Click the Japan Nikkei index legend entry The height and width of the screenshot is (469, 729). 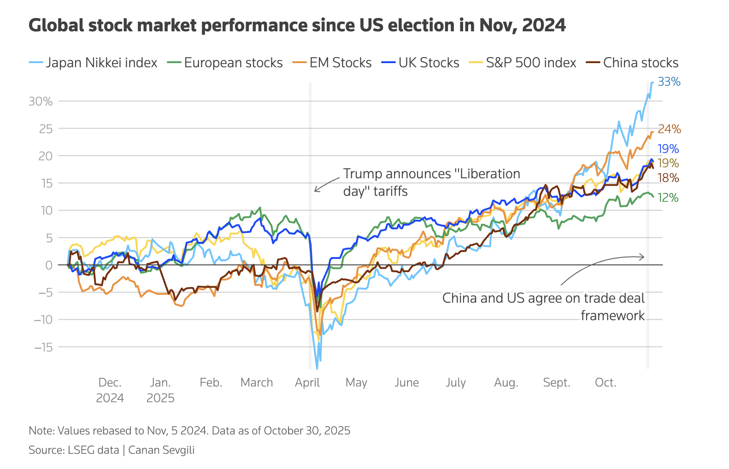[93, 63]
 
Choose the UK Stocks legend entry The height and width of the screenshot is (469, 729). [421, 63]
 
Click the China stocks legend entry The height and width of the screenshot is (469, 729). [632, 63]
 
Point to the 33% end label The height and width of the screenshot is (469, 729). [669, 82]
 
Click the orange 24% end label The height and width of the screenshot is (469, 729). [669, 129]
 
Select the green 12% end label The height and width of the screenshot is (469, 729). [668, 198]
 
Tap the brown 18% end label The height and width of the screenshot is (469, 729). [668, 178]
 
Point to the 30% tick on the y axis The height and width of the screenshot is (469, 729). [41, 101]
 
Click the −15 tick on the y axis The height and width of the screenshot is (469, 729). [43, 347]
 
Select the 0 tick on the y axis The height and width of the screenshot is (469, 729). [49, 265]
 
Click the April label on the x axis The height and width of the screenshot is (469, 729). [307, 383]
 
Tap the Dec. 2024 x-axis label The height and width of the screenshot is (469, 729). [110, 390]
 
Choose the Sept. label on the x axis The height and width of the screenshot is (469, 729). [557, 383]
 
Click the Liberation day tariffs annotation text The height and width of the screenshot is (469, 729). [431, 182]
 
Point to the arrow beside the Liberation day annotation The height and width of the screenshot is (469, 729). [326, 184]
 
